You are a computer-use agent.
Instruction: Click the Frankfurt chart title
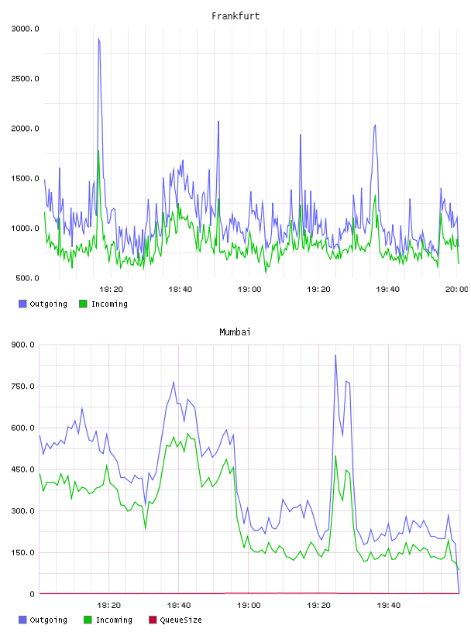point(235,16)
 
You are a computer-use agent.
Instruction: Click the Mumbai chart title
point(235,332)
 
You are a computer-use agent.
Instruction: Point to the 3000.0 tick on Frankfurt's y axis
point(25,29)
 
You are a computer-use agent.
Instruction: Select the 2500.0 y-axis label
point(25,78)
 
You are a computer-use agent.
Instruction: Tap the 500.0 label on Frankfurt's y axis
point(27,278)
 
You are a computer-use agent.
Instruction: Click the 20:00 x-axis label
point(456,290)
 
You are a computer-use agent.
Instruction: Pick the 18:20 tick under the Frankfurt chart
point(111,290)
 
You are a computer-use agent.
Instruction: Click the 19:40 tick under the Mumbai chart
point(389,606)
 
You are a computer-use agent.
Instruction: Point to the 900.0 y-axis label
point(22,345)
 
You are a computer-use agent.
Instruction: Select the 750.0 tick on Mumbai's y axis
point(22,386)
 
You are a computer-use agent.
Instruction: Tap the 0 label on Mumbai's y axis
point(32,594)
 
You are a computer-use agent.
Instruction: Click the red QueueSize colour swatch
point(153,620)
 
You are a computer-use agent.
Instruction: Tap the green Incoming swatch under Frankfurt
point(83,304)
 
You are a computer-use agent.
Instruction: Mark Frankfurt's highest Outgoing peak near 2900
point(98,39)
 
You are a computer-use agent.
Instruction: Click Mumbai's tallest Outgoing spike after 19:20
point(335,355)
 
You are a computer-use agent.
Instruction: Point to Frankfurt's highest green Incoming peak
point(98,151)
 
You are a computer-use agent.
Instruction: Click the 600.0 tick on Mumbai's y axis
point(22,428)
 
